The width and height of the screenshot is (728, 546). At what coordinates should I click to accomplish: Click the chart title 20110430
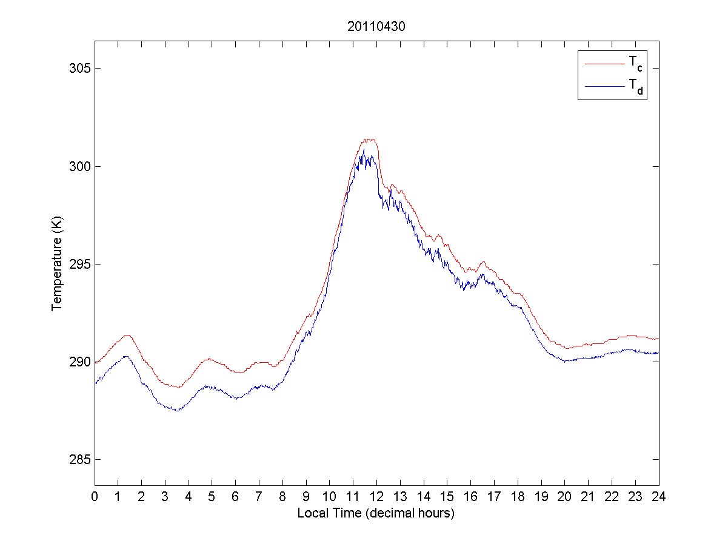[x=376, y=27]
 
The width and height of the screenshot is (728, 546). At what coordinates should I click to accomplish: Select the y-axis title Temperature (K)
[x=57, y=263]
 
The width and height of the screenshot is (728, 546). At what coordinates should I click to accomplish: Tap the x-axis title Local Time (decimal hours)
[x=376, y=513]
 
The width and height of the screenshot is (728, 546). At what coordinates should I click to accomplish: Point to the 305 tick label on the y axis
[x=78, y=69]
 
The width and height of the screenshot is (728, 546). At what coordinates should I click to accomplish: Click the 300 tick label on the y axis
[x=78, y=166]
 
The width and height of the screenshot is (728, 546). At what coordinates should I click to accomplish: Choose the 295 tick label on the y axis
[x=78, y=264]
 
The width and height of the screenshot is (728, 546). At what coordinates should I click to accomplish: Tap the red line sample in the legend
[x=604, y=63]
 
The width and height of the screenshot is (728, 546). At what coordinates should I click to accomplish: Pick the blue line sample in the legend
[x=604, y=87]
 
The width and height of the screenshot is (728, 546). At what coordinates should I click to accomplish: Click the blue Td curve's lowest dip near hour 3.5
[x=176, y=411]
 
